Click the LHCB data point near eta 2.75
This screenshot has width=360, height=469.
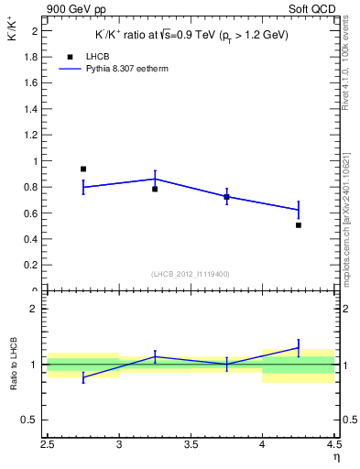(x=83, y=169)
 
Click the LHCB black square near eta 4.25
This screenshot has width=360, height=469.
(x=299, y=224)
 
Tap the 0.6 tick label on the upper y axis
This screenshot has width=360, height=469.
(x=32, y=213)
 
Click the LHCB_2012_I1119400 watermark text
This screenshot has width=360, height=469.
(x=191, y=274)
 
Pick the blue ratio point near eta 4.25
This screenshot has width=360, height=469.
(x=299, y=347)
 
